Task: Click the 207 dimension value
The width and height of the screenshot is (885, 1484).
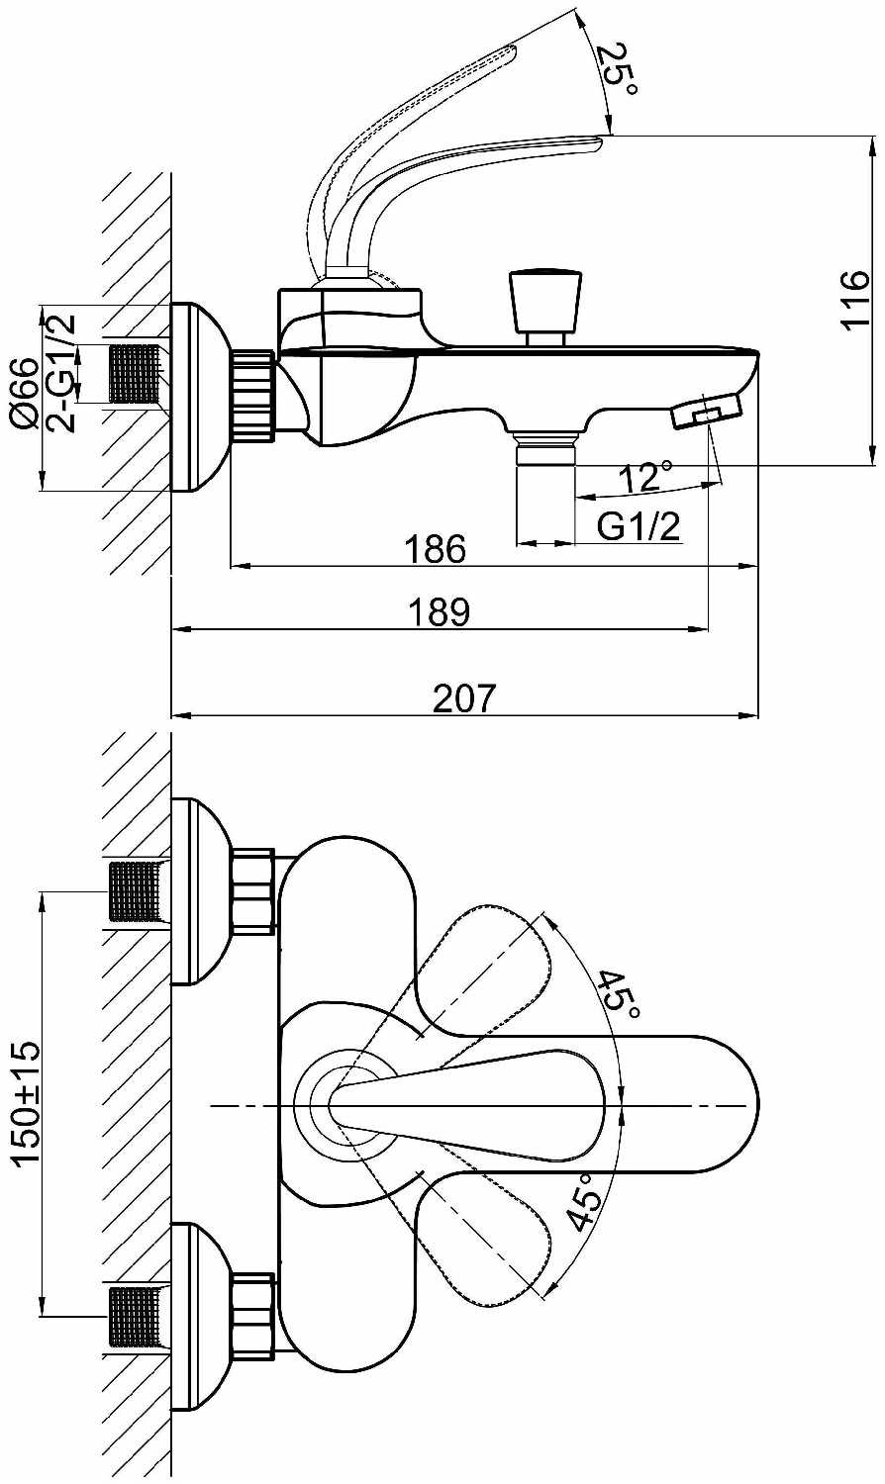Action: [464, 698]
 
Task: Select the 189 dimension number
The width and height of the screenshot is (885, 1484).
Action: [440, 611]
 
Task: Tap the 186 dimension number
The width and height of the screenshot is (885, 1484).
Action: [436, 549]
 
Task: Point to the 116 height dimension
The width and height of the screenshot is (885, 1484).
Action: [853, 299]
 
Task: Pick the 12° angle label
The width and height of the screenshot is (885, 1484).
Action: [644, 477]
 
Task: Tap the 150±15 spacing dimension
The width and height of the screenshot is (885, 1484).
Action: [27, 1102]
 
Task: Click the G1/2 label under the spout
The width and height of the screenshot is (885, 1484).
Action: [639, 526]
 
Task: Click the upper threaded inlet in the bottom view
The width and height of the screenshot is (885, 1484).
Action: [135, 891]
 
